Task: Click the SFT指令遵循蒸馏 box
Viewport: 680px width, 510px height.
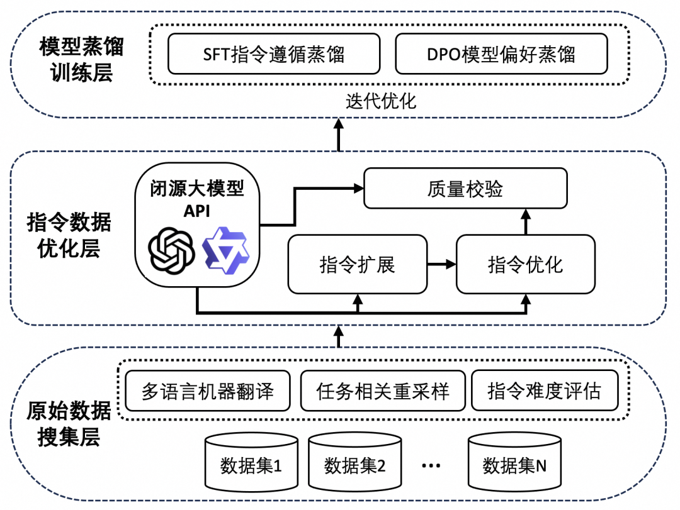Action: [273, 54]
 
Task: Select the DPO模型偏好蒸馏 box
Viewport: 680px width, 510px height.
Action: [501, 54]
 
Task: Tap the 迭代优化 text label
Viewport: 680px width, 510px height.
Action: [381, 101]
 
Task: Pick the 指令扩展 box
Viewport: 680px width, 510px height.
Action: [357, 265]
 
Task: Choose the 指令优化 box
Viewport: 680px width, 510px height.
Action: [525, 265]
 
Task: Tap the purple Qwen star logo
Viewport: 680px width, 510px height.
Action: [225, 250]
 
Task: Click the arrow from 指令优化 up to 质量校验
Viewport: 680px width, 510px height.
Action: [525, 221]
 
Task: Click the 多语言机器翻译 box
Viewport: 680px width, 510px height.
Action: [207, 391]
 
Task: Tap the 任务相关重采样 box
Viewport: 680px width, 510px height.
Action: [382, 391]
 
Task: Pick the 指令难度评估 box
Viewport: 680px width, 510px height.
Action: [544, 391]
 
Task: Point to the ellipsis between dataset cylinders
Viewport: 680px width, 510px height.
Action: [432, 466]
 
